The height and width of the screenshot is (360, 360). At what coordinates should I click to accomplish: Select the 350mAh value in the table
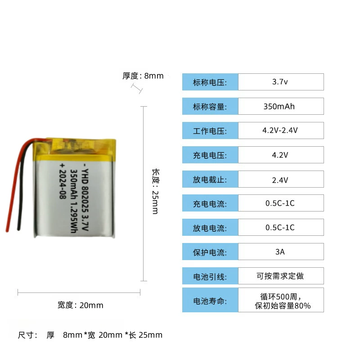(279, 107)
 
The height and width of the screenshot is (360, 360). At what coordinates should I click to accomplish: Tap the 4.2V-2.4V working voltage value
(280, 130)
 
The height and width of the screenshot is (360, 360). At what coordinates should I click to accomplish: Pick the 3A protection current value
(280, 252)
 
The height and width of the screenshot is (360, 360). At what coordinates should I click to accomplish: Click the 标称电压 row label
(210, 82)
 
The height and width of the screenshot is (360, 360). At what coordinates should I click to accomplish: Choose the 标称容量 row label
(210, 107)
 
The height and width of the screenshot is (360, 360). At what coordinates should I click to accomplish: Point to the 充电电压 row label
(210, 155)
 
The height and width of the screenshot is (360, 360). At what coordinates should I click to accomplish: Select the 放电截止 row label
(210, 180)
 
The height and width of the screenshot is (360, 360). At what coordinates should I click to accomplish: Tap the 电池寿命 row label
(210, 301)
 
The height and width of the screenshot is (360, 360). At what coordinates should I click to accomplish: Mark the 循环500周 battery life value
(280, 297)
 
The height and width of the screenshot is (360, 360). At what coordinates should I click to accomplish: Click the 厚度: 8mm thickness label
(143, 76)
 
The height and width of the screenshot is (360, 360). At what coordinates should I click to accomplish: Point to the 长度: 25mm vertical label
(155, 191)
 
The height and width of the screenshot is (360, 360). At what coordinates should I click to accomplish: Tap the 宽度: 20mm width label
(80, 305)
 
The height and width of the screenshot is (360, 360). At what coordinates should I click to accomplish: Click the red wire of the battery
(14, 184)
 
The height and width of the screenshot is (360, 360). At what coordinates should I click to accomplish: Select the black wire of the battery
(22, 188)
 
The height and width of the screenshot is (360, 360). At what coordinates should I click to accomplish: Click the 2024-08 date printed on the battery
(62, 181)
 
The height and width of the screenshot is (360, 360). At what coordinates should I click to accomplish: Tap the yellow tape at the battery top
(74, 147)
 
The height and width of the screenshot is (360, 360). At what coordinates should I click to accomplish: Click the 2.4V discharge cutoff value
(280, 180)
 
